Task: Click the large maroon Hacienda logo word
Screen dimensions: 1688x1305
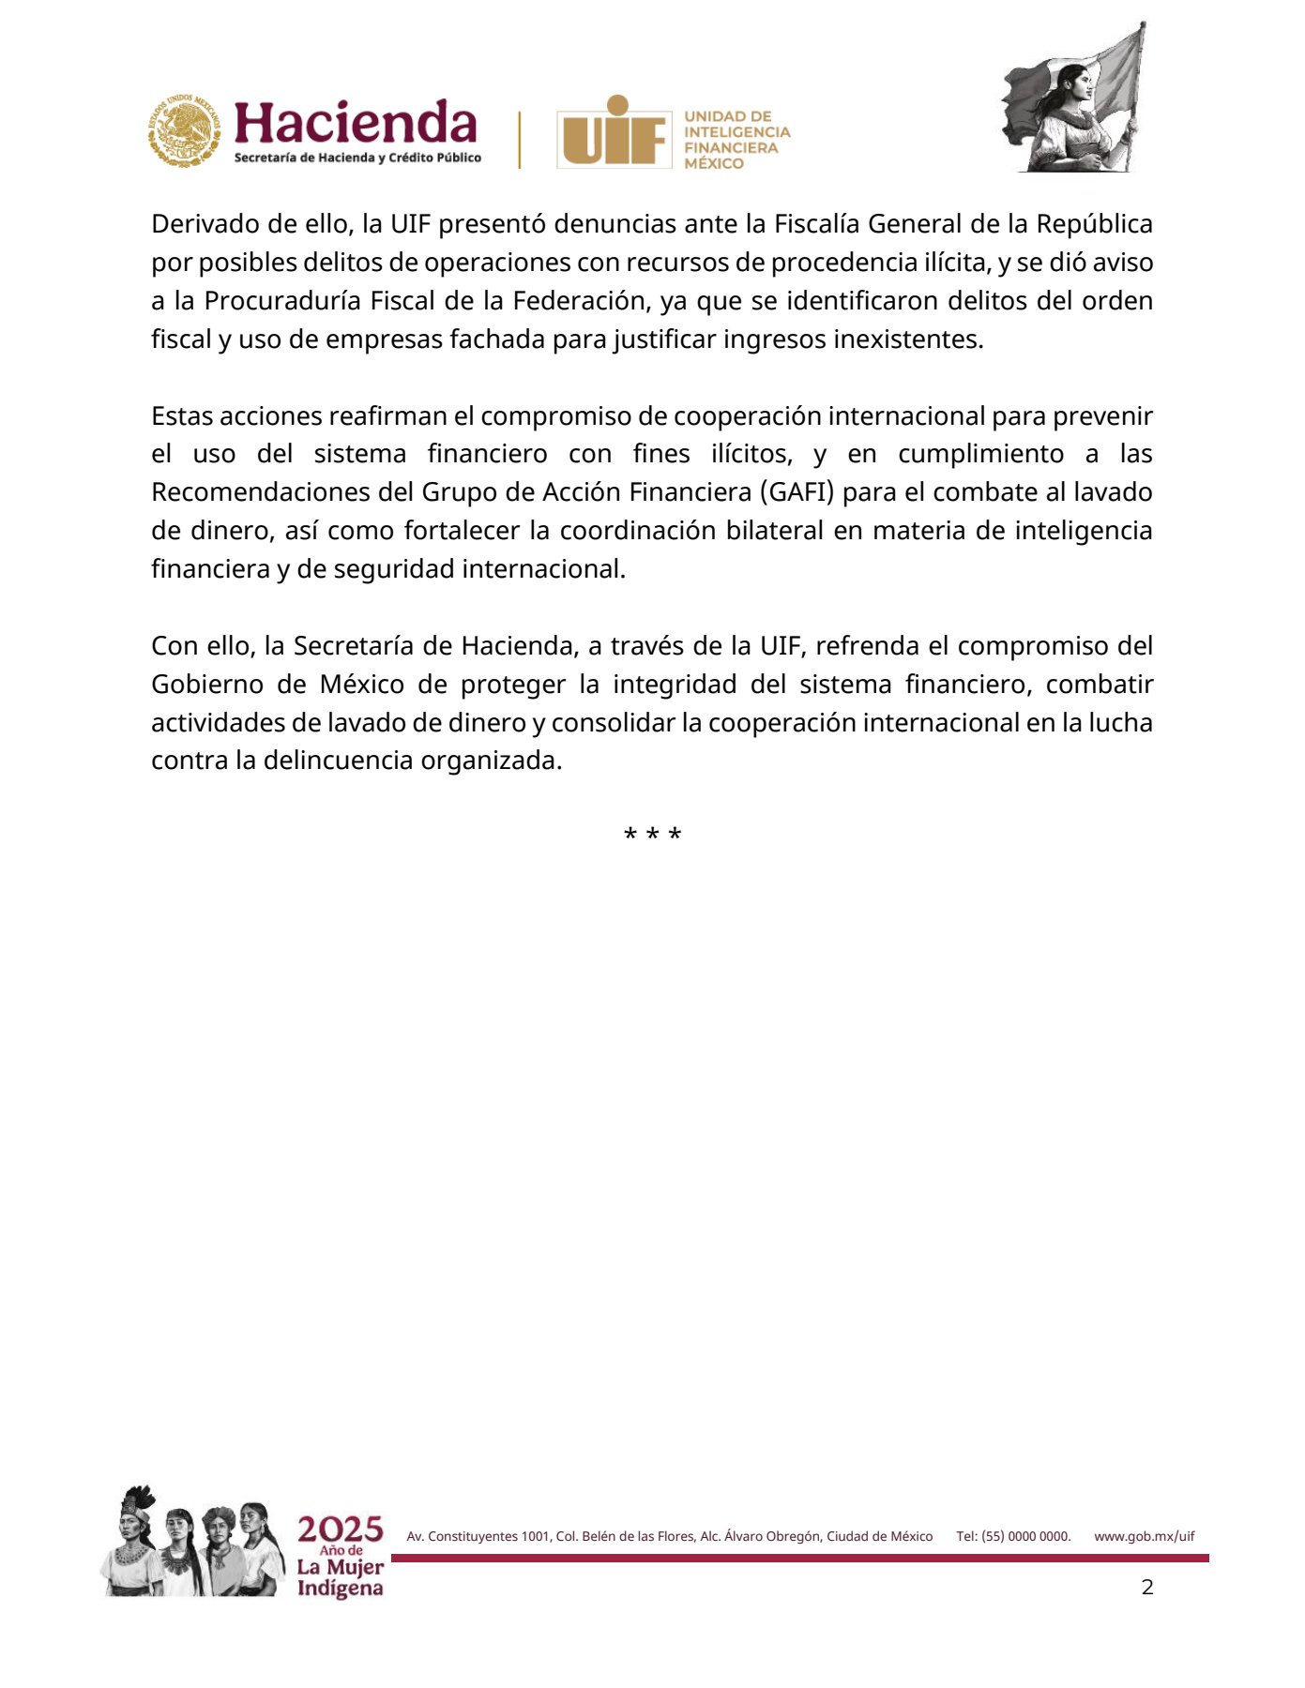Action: point(355,123)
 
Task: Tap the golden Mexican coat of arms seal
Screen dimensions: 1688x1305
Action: point(185,130)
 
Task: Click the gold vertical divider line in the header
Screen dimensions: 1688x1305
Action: point(519,140)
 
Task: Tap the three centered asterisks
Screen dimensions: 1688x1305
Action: point(652,835)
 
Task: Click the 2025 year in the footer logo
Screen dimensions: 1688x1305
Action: point(341,1530)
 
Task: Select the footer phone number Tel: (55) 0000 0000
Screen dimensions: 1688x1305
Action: point(1013,1536)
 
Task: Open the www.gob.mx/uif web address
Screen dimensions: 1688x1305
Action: point(1144,1536)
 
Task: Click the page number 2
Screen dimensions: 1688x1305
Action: point(1146,1587)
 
